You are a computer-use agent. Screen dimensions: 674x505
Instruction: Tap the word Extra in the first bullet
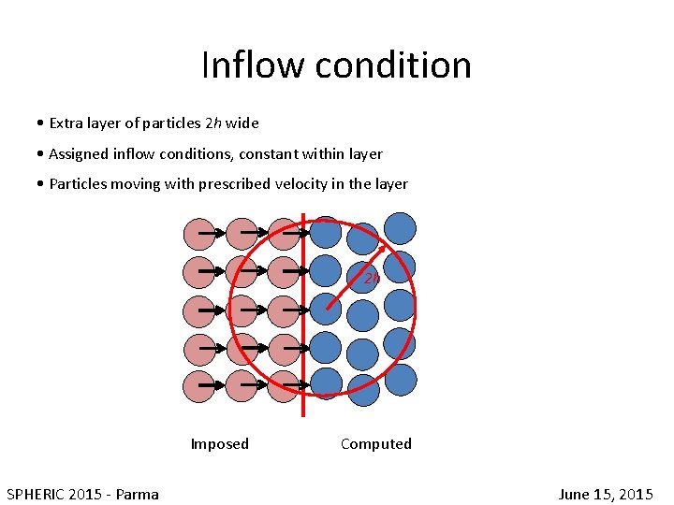66,123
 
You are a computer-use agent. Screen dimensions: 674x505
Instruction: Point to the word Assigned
80,153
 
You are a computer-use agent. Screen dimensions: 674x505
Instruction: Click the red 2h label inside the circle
372,278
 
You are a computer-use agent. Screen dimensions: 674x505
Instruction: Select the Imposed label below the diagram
220,444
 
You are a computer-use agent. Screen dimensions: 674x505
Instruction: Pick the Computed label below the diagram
376,444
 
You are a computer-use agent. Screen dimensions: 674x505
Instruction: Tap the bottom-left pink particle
199,386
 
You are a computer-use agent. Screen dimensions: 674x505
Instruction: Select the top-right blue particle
401,228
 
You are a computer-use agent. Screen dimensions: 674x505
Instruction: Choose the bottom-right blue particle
401,380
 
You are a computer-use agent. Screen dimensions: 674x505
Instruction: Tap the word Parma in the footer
137,494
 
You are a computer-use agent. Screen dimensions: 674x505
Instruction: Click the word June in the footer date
575,494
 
